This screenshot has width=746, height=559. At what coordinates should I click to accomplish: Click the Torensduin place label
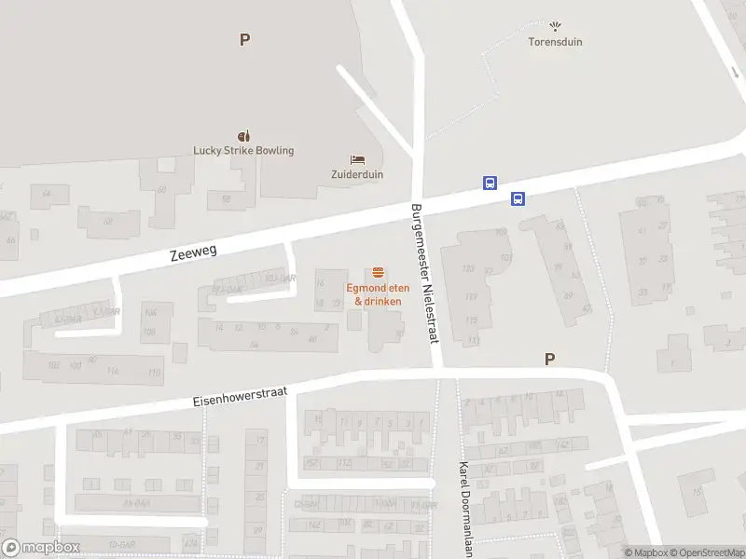point(556,42)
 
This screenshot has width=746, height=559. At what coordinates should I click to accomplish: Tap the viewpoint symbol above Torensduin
point(556,27)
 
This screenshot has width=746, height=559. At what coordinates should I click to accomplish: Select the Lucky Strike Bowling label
point(243,150)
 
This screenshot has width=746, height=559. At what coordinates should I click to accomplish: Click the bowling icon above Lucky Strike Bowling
point(244,135)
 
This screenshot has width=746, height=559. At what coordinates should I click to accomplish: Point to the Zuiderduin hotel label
point(357,174)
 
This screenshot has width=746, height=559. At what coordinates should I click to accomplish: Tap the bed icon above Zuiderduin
point(357,159)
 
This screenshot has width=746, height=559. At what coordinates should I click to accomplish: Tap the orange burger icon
point(378,273)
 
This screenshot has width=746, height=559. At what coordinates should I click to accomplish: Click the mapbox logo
point(41,548)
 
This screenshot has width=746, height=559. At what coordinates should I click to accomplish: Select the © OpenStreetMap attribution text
point(705,552)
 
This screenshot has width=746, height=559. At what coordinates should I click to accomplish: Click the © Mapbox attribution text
point(646,552)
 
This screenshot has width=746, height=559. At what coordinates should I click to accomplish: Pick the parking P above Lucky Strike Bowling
point(244,39)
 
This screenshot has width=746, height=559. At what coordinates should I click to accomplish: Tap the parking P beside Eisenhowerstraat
point(550,359)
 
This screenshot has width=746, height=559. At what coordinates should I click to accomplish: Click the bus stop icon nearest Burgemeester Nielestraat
point(490,183)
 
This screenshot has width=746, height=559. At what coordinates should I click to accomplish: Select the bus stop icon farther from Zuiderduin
point(518,198)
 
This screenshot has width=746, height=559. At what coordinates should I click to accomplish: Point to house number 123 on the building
point(468,269)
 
